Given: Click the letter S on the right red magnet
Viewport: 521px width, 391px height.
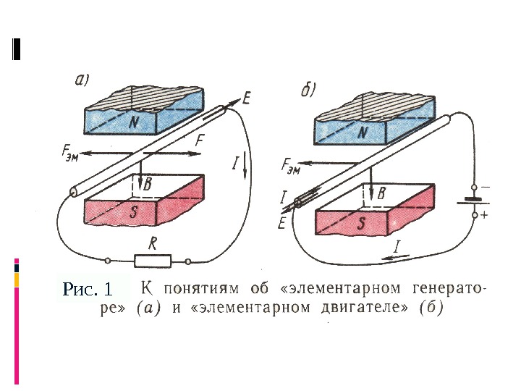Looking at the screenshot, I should (x=363, y=224).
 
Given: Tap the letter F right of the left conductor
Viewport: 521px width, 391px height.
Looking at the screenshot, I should (x=200, y=140).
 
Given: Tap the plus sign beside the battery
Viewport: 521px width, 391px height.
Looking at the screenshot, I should (x=484, y=215).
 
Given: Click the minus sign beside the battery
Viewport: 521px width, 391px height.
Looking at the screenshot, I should (x=484, y=186).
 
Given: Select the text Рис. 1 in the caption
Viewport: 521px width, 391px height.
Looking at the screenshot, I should (x=88, y=290).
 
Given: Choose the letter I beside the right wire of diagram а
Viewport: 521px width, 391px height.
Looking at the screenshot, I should (x=235, y=164).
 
